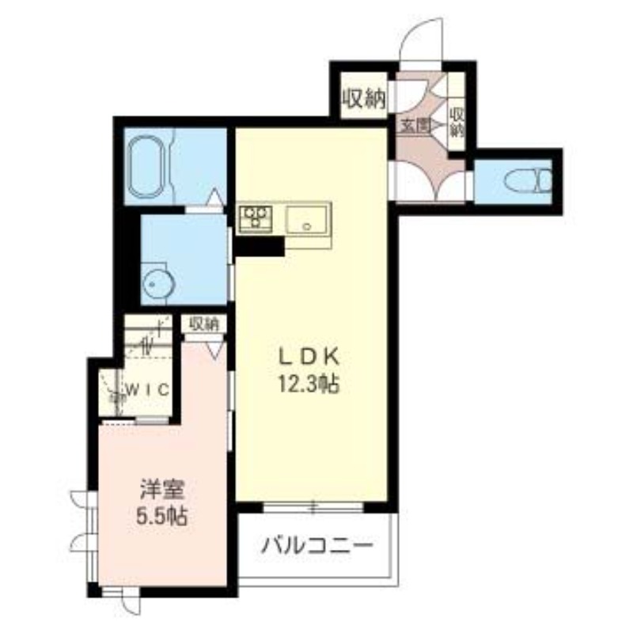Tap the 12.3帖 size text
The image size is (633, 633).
tap(308, 385)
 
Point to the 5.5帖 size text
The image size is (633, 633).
tap(161, 518)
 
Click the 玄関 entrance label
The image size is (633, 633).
tap(414, 124)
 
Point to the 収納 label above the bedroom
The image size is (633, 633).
tap(204, 324)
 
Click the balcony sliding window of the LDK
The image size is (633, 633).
tap(313, 506)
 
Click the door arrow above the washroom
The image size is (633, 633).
tap(214, 199)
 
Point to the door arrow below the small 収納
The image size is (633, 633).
tap(214, 348)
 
